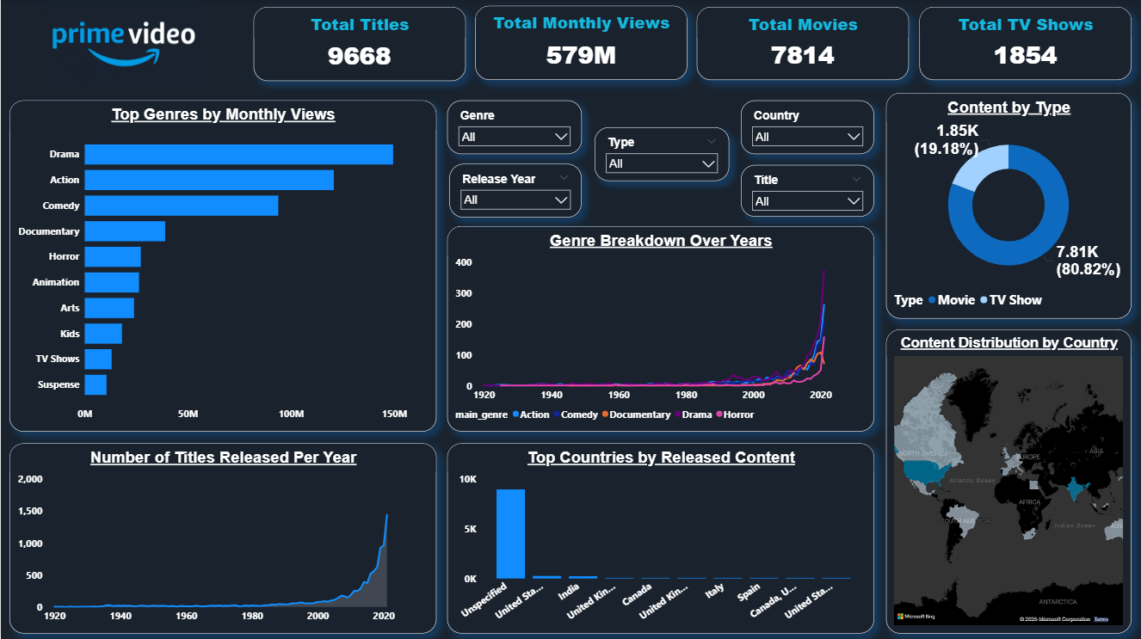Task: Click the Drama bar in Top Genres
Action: pos(238,154)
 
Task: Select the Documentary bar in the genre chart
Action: pos(125,231)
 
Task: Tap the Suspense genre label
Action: pos(59,384)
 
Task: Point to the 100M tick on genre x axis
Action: pos(292,415)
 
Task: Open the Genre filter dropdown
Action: pos(515,137)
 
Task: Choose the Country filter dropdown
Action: pos(807,137)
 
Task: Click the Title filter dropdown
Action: pos(807,201)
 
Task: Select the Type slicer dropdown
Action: pos(661,163)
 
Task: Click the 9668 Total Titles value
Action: pos(360,56)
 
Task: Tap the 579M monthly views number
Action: pos(582,55)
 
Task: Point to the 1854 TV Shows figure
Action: pos(1026,56)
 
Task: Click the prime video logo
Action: pos(123,41)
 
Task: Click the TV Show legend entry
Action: pos(1015,300)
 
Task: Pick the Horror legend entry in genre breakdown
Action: pos(737,415)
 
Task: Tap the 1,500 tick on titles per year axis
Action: pos(31,512)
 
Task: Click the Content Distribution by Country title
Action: pos(1008,342)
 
